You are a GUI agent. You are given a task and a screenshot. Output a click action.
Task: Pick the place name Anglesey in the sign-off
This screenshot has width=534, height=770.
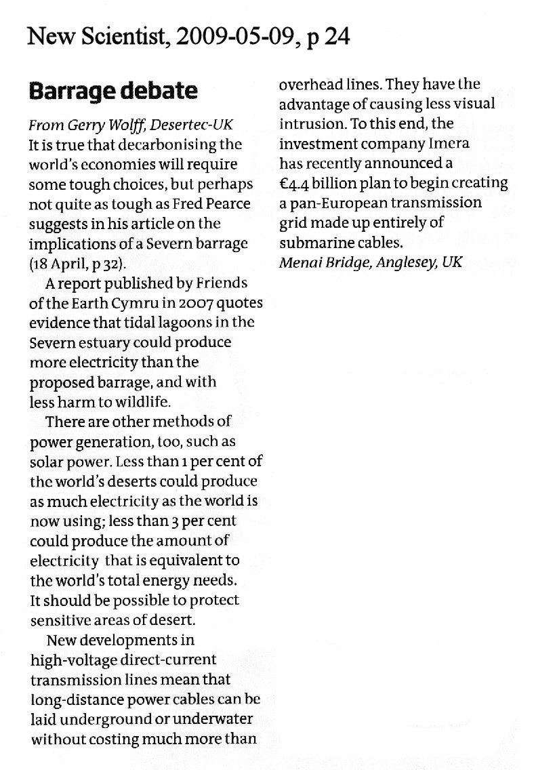point(402,262)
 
